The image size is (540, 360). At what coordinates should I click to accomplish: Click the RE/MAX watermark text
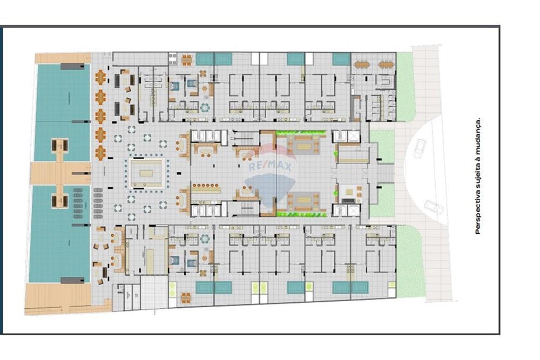pyautogui.click(x=269, y=166)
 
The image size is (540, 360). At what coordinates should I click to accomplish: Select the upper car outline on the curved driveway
pyautogui.click(x=419, y=148)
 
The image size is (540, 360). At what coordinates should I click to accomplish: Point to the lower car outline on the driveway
pyautogui.click(x=434, y=207)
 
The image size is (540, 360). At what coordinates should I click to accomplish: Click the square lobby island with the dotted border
pyautogui.click(x=146, y=173)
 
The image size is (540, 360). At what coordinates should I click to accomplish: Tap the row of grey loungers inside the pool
pyautogui.click(x=78, y=203)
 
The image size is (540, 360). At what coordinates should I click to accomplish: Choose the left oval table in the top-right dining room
pyautogui.click(x=361, y=65)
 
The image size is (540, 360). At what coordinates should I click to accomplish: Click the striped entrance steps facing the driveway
pyautogui.click(x=384, y=173)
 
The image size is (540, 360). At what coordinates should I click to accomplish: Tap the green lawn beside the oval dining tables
pyautogui.click(x=405, y=86)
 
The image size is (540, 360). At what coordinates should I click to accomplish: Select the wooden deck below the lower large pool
pyautogui.click(x=58, y=298)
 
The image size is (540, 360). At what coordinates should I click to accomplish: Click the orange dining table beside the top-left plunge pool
pyautogui.click(x=186, y=60)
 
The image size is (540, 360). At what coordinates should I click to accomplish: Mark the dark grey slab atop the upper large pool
pyautogui.click(x=72, y=66)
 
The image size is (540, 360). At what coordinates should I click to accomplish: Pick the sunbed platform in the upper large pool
pyautogui.click(x=59, y=145)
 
